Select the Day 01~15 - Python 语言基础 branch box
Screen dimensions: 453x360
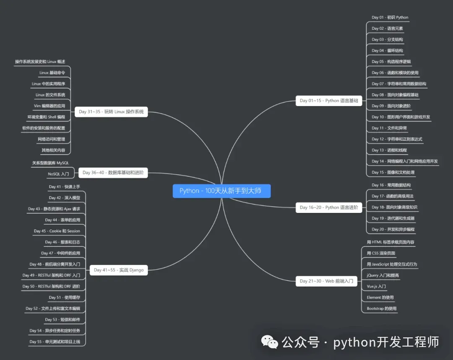point(329,101)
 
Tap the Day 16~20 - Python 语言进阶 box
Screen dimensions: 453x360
point(329,207)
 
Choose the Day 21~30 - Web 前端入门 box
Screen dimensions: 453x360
point(326,281)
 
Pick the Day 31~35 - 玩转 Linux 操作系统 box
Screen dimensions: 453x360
point(111,111)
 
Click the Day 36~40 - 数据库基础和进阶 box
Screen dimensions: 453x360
point(113,172)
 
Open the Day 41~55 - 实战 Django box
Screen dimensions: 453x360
point(119,270)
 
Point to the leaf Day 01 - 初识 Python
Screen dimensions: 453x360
point(390,18)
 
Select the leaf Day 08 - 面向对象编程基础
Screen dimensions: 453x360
point(395,95)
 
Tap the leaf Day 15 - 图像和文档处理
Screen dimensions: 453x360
point(393,172)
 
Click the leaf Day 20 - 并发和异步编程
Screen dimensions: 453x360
point(393,229)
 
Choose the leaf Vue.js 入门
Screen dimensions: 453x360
point(376,286)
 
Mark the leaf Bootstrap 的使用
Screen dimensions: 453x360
point(381,308)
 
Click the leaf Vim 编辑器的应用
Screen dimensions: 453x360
point(49,106)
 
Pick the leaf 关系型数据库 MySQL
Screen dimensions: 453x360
point(50,163)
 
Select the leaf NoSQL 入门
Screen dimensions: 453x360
point(58,174)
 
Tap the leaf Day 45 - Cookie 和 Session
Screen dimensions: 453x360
point(57,231)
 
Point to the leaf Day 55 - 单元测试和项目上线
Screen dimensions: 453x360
point(55,342)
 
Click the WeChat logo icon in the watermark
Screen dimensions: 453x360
point(270,342)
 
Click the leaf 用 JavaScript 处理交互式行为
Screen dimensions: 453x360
point(392,264)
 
